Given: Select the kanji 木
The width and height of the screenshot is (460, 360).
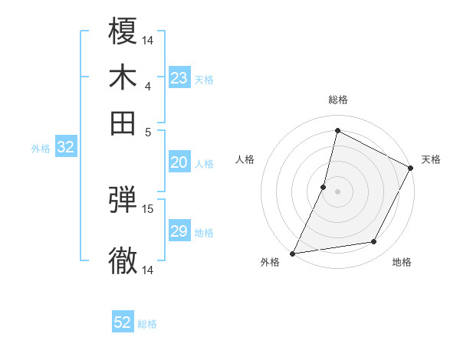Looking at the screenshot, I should tap(123, 77).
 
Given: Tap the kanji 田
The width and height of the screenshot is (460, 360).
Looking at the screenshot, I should tap(123, 123).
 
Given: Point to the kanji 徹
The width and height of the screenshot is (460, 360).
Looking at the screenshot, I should tap(123, 261).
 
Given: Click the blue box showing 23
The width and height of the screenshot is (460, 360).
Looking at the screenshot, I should tap(179, 78).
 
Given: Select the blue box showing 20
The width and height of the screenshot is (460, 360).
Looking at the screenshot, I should tap(179, 162).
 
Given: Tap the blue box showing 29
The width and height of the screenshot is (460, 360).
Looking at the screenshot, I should tap(179, 231).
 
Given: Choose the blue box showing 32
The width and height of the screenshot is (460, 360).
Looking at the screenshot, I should tap(66, 148).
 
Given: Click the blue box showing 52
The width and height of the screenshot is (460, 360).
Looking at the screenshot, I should tap(123, 322).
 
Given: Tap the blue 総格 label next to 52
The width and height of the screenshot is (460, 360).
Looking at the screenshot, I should tap(147, 324).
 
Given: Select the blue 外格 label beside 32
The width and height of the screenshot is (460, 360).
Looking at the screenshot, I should tap(41, 149).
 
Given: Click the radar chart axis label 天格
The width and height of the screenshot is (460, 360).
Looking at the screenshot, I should tap(431, 159).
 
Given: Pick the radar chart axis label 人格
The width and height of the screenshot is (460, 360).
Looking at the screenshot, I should tap(245, 159).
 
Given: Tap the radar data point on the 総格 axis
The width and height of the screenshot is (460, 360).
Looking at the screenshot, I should tap(337, 130).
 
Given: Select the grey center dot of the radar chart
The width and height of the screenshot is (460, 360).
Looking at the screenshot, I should tap(337, 191).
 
